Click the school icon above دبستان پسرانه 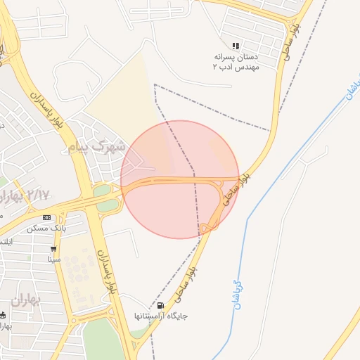tap(236, 46)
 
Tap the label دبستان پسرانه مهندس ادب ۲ tap(236, 61)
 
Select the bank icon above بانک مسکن tap(47, 217)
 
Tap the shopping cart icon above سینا tap(53, 249)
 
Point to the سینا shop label tap(54, 259)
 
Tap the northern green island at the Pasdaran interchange tap(102, 191)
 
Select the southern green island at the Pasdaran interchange tap(108, 205)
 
